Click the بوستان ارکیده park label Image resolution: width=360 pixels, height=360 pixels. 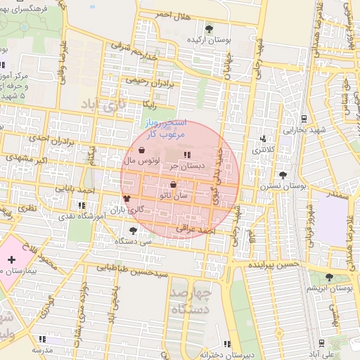coord(209,40)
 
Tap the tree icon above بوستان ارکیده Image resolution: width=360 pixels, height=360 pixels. coord(209,28)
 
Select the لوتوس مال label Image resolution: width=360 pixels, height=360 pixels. coord(139,161)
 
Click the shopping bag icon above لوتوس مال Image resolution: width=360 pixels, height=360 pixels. coord(142,150)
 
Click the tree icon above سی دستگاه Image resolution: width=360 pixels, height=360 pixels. coord(134,229)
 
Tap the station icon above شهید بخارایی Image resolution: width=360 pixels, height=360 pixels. coord(303,119)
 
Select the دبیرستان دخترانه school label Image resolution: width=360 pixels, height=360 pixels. coord(226,354)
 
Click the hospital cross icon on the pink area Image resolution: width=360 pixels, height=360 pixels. coord(11,260)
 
